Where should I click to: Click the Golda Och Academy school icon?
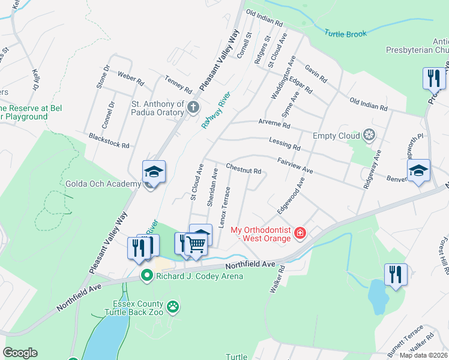click(154, 172)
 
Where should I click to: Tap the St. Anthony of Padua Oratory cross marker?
click(193, 108)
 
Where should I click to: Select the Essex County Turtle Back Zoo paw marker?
click(173, 307)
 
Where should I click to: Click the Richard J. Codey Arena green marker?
click(146, 276)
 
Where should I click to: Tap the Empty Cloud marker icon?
click(370, 136)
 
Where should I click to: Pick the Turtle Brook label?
click(345, 34)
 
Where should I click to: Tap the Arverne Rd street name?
click(274, 127)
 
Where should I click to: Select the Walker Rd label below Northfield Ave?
click(276, 280)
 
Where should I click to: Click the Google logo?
click(20, 353)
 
